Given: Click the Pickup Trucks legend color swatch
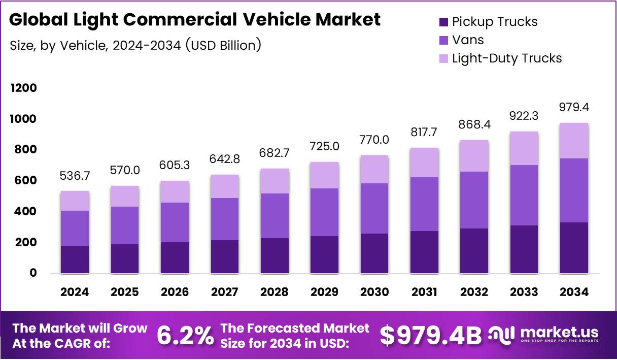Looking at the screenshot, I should (x=443, y=22).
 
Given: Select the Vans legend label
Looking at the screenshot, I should (x=468, y=40).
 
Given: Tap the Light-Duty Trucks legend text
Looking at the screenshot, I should (x=506, y=58).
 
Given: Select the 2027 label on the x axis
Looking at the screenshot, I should (x=224, y=292).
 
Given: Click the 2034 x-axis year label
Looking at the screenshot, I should (x=574, y=292).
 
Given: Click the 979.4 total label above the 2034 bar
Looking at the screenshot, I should (x=574, y=108).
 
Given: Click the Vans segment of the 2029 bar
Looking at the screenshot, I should (x=325, y=212).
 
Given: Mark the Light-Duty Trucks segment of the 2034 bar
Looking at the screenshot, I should (x=574, y=141).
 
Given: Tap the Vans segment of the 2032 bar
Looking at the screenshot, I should (x=474, y=200).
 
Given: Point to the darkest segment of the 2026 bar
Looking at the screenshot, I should (x=175, y=257).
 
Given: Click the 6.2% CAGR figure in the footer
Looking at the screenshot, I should (x=185, y=336).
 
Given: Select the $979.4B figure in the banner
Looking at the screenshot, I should (x=431, y=336).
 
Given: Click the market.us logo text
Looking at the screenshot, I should (x=560, y=333).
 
